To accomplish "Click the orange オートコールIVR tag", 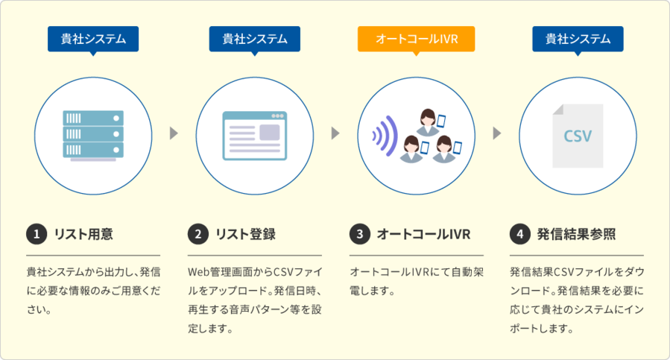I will (x=416, y=39).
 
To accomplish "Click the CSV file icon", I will (x=578, y=136).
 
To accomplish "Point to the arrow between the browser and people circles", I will (x=335, y=133).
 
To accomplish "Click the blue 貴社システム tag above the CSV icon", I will (x=578, y=39).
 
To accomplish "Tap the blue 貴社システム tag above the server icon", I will (x=93, y=39).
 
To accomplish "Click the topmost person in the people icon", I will (x=428, y=119).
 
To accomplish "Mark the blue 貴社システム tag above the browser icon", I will (x=255, y=39).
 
